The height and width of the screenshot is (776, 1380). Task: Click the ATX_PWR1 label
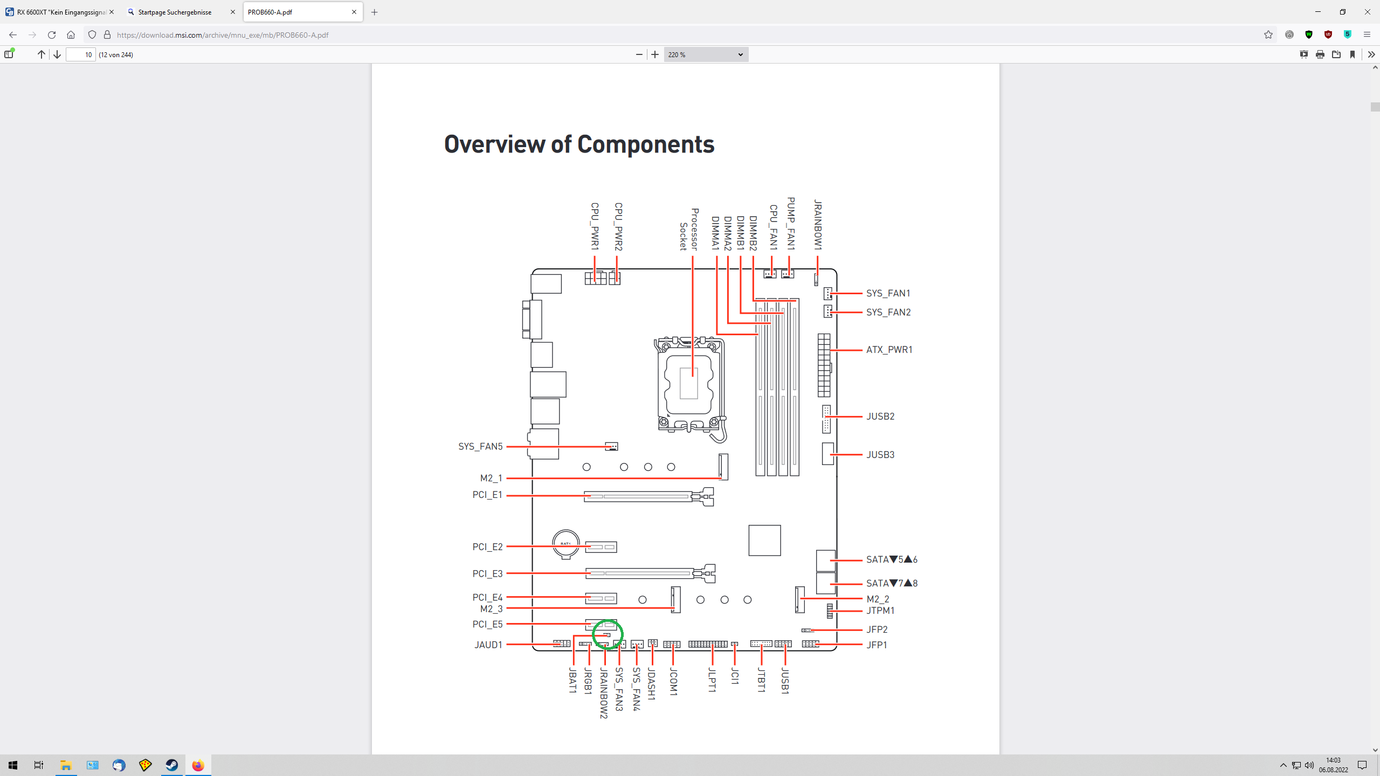click(x=889, y=350)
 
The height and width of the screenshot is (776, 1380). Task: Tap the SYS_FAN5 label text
click(x=480, y=447)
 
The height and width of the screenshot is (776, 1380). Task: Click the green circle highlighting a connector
click(x=608, y=634)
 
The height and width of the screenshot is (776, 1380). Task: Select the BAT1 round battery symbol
click(x=565, y=544)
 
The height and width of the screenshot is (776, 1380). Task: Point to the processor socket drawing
click(x=689, y=384)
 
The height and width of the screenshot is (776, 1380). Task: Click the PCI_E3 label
click(x=487, y=574)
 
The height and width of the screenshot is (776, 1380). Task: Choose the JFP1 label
click(x=877, y=645)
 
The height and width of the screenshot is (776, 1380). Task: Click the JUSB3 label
click(x=880, y=455)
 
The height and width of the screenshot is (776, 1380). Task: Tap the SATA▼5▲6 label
click(x=891, y=560)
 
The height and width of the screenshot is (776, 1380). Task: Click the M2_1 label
click(x=491, y=479)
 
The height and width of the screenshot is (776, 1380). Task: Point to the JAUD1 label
click(x=488, y=645)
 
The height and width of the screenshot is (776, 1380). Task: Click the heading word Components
click(x=645, y=144)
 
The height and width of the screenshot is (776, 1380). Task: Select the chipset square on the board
click(x=764, y=541)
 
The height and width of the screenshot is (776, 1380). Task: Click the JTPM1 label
click(x=880, y=611)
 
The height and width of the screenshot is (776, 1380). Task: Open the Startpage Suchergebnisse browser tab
click(x=175, y=12)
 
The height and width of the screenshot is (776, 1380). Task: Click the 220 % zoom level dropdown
click(x=705, y=54)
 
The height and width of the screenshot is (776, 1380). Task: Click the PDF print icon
click(x=1320, y=54)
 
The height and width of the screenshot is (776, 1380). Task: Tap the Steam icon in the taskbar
click(x=171, y=765)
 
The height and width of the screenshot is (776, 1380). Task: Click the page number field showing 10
click(x=81, y=54)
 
